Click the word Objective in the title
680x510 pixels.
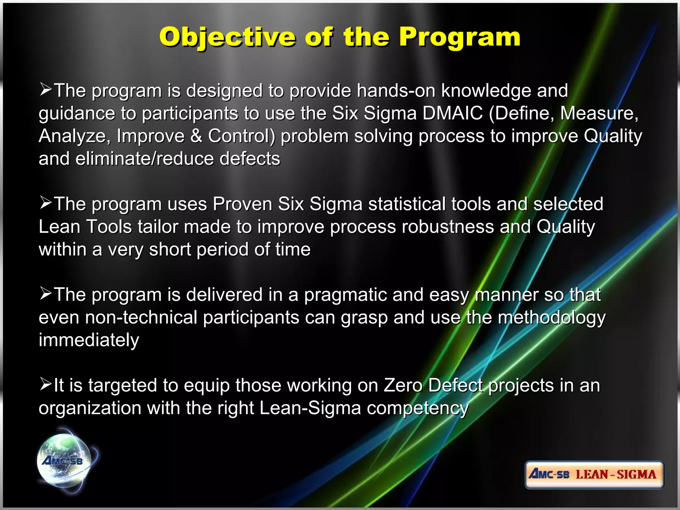227,37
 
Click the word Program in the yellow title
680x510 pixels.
460,37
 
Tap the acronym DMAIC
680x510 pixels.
452,114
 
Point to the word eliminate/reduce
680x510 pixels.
144,159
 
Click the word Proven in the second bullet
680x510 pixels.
242,204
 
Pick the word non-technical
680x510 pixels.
141,318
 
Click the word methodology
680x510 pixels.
552,318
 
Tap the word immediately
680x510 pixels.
89,340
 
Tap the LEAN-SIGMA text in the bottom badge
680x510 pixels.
616,474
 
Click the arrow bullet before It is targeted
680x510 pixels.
45,384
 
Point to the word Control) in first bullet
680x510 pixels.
241,136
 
